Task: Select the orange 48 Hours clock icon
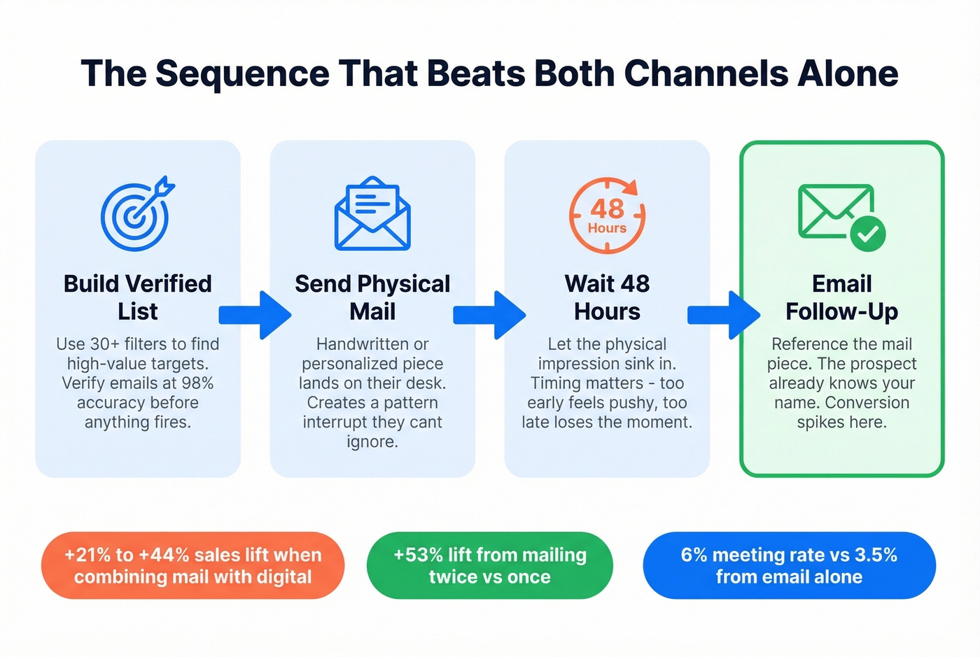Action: (x=607, y=215)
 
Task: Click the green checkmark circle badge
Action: (x=868, y=234)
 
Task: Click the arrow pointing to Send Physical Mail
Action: (x=255, y=315)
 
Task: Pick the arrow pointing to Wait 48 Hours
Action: (x=489, y=315)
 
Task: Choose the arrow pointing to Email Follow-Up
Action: (x=724, y=315)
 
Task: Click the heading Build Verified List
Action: (x=138, y=297)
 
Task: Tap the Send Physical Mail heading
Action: (x=372, y=297)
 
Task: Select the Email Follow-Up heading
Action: (x=841, y=297)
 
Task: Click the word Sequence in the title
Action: (x=242, y=73)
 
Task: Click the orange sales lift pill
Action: (x=192, y=565)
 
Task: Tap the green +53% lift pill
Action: (x=489, y=565)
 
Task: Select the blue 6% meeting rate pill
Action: (x=789, y=565)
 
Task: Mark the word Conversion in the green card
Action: (x=867, y=403)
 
